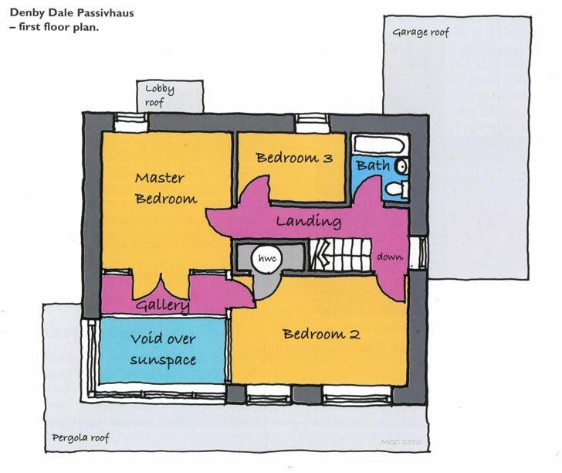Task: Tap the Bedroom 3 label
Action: tap(294, 158)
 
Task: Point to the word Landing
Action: tap(309, 222)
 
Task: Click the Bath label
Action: tap(373, 165)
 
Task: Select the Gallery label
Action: tap(163, 306)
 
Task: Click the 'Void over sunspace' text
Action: tap(162, 349)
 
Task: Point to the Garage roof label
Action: tap(420, 33)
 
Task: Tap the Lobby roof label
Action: tap(160, 95)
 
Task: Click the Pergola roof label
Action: tap(80, 438)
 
